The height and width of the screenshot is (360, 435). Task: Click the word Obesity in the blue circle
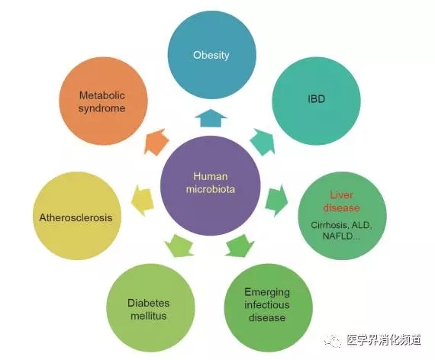[x=211, y=55]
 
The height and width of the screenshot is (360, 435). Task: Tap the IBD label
[x=316, y=99]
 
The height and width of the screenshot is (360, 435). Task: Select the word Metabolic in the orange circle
[x=102, y=95]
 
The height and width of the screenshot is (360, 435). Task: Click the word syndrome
[x=102, y=108]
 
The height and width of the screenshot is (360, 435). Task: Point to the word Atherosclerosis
[x=76, y=217]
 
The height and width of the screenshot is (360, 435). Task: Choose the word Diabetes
[x=148, y=303]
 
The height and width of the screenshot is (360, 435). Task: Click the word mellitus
[x=148, y=316]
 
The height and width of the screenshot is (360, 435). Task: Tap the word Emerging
[x=267, y=293]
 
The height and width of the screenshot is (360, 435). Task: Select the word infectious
[x=267, y=305]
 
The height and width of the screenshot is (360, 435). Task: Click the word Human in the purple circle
[x=211, y=176]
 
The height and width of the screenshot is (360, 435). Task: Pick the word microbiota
[x=211, y=189]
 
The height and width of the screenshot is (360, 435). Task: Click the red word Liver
[x=341, y=194]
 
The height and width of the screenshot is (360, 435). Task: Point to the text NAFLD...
[x=338, y=236]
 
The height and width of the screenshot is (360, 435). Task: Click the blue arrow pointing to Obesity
[x=211, y=118]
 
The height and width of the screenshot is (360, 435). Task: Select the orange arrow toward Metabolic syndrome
[x=156, y=142]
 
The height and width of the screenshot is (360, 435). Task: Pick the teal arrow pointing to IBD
[x=263, y=142]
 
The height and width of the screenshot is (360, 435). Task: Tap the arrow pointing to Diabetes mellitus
[x=179, y=246]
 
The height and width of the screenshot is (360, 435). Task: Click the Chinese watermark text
[x=384, y=339]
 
